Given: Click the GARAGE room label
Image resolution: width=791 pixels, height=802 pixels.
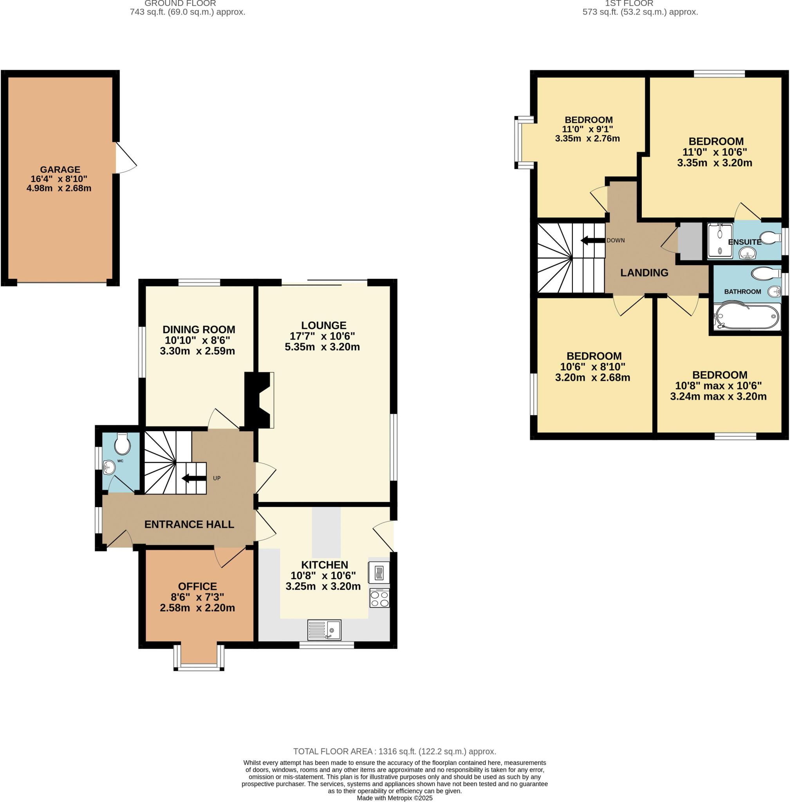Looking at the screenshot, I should [60, 169].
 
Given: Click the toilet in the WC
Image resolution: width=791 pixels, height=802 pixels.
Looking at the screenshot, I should [122, 444].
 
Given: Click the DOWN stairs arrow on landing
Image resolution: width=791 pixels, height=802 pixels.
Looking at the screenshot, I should [592, 240].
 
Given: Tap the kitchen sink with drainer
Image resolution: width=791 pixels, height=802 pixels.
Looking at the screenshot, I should [324, 630].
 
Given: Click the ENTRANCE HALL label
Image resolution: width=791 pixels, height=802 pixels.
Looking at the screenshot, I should [189, 524].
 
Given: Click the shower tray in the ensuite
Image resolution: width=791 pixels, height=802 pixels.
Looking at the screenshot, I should [719, 241].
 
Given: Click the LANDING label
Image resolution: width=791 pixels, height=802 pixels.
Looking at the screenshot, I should [644, 273].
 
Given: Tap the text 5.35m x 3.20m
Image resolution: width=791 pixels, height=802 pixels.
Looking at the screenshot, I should [322, 347].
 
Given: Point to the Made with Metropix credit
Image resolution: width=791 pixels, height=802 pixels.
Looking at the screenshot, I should [394, 798].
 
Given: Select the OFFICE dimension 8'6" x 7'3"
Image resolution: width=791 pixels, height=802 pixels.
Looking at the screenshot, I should [197, 597].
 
